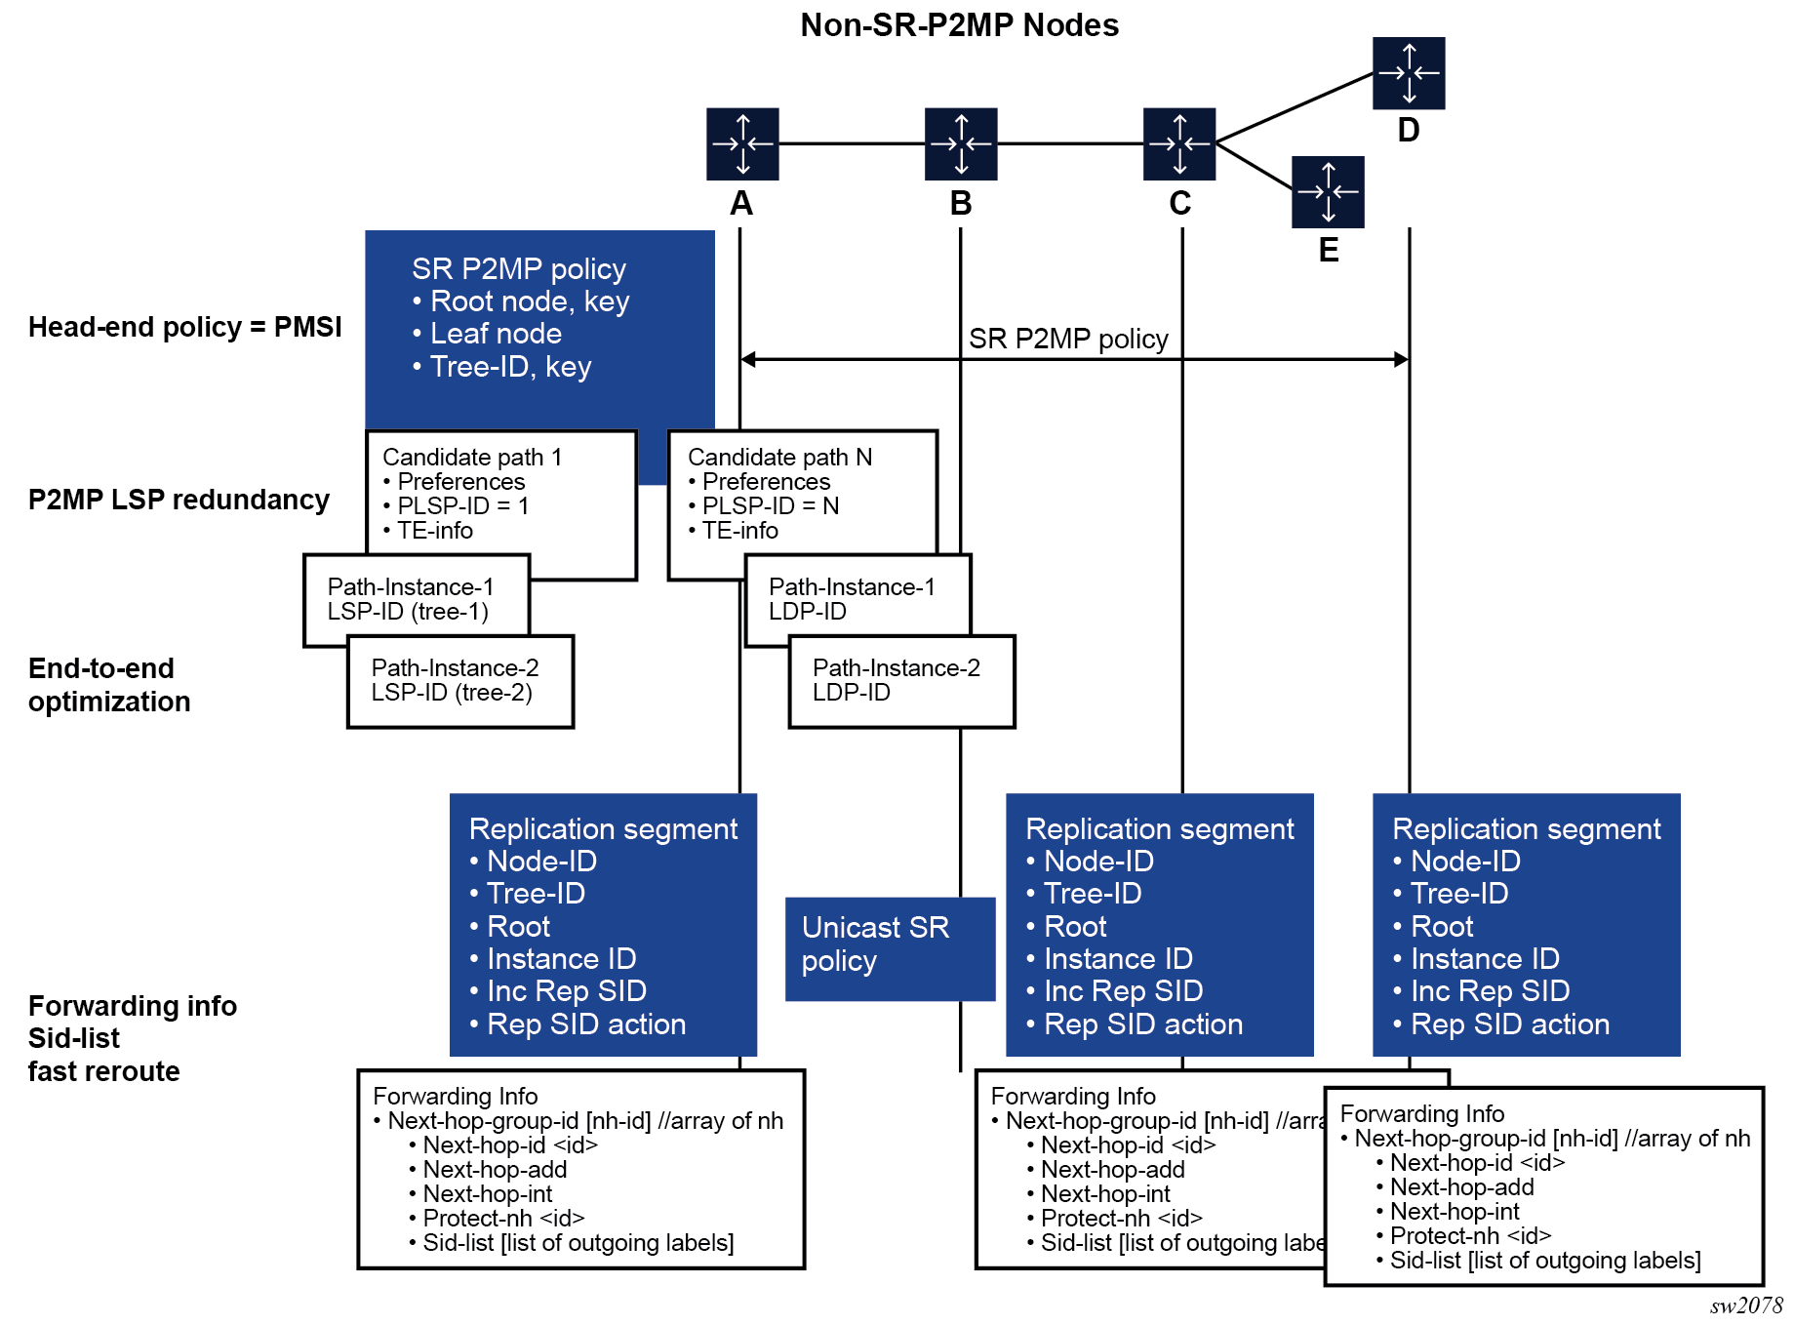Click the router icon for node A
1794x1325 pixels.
click(x=742, y=144)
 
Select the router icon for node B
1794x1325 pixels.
click(x=961, y=144)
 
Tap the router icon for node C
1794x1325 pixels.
click(x=1179, y=144)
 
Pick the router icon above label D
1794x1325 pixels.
click(x=1409, y=73)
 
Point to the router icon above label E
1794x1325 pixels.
click(x=1328, y=192)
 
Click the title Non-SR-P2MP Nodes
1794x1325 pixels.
click(x=959, y=24)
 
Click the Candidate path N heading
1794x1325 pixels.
click(x=779, y=457)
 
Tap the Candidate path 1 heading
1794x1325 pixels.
click(x=472, y=457)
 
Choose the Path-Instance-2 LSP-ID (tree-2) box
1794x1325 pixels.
click(x=460, y=681)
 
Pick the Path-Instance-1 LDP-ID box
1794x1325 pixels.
click(x=857, y=599)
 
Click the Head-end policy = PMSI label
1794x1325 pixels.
click(x=185, y=327)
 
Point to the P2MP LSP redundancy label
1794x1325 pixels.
click(x=179, y=500)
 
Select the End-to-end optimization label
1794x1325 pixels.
click(x=109, y=685)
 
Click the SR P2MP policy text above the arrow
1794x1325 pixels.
click(x=1068, y=339)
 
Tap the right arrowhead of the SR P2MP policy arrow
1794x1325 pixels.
click(x=1402, y=359)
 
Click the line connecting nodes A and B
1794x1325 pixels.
click(x=852, y=144)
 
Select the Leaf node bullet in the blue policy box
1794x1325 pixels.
click(x=496, y=334)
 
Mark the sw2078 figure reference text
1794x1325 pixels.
click(x=1745, y=1305)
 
